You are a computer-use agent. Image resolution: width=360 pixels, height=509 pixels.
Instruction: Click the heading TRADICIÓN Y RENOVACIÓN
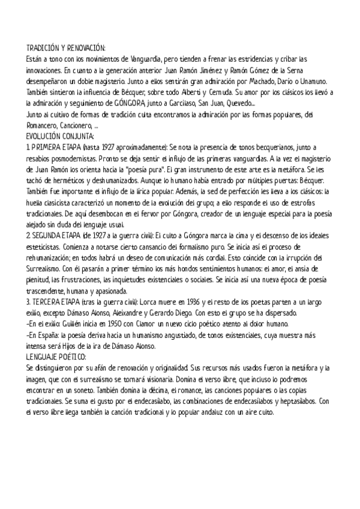tap(66, 48)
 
